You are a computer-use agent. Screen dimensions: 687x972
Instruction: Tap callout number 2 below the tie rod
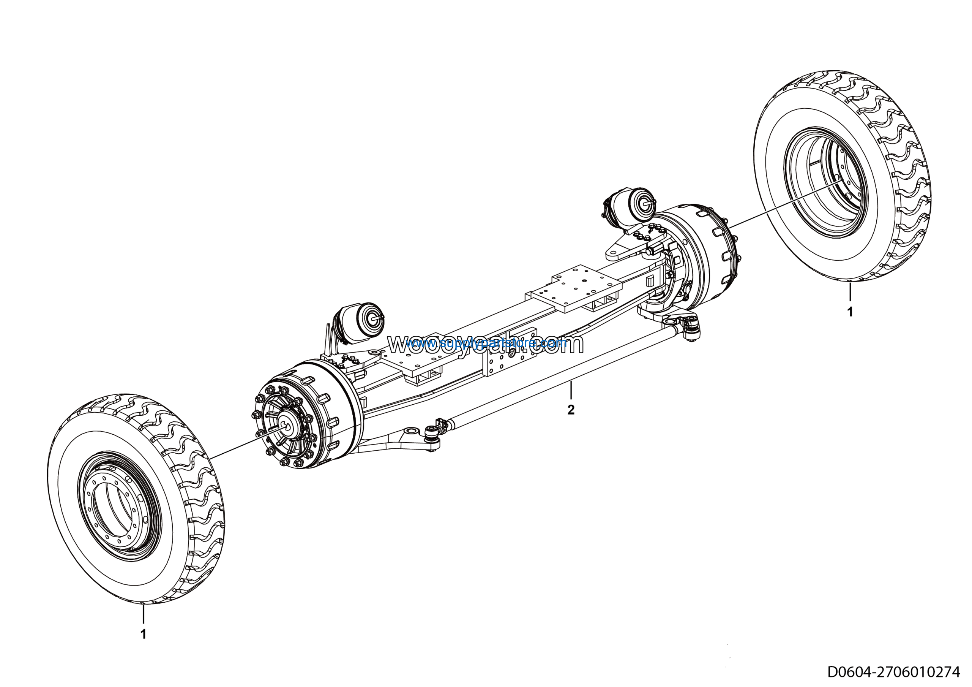(571, 410)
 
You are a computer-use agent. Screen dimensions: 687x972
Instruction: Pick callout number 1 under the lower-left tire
(144, 634)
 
